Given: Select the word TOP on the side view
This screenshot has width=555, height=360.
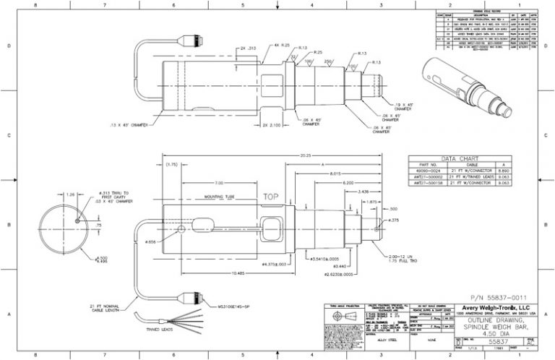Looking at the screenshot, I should (x=271, y=196).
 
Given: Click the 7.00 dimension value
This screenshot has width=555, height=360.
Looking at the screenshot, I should (x=218, y=183).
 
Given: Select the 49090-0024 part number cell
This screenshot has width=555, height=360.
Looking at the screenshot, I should (x=428, y=171).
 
